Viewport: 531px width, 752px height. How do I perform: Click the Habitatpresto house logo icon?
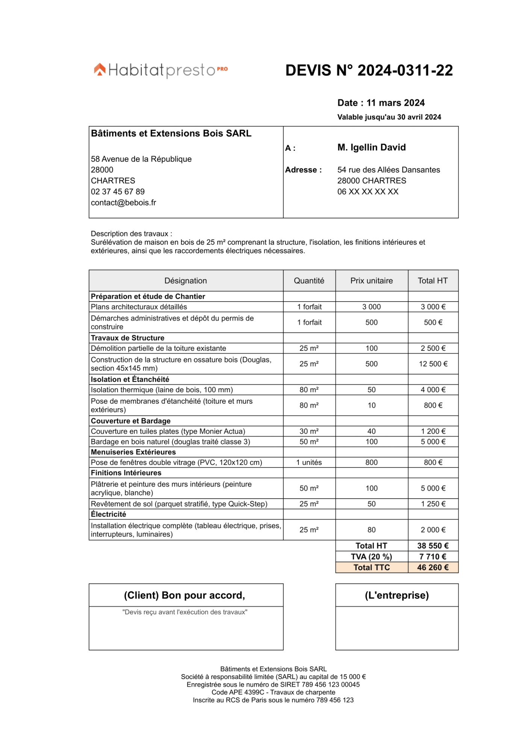(x=100, y=70)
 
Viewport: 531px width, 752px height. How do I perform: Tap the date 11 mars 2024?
(x=395, y=103)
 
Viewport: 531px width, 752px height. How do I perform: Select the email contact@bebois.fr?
(x=123, y=203)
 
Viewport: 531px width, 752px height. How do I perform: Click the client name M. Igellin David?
(x=371, y=147)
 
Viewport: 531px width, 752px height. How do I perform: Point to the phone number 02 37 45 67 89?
(x=118, y=192)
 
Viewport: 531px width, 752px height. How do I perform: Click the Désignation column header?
(x=186, y=280)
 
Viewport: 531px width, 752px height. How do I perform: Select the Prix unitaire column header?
(x=371, y=280)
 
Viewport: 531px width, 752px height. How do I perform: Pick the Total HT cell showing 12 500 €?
(x=433, y=364)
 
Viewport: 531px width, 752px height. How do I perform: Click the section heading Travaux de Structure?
(x=127, y=338)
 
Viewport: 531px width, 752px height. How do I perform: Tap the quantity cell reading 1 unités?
(x=309, y=462)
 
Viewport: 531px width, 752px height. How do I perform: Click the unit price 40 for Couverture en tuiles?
(x=371, y=431)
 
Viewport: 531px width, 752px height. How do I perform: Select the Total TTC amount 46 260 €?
(x=433, y=567)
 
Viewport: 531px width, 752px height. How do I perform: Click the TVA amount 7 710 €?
(x=433, y=556)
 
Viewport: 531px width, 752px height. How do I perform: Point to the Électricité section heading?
(x=108, y=514)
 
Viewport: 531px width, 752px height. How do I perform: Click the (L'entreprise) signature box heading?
(x=396, y=595)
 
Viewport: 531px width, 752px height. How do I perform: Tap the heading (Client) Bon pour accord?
(x=185, y=595)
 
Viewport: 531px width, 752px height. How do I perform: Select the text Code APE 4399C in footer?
(x=238, y=692)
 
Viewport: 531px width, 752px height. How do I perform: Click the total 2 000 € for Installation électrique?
(x=433, y=530)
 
